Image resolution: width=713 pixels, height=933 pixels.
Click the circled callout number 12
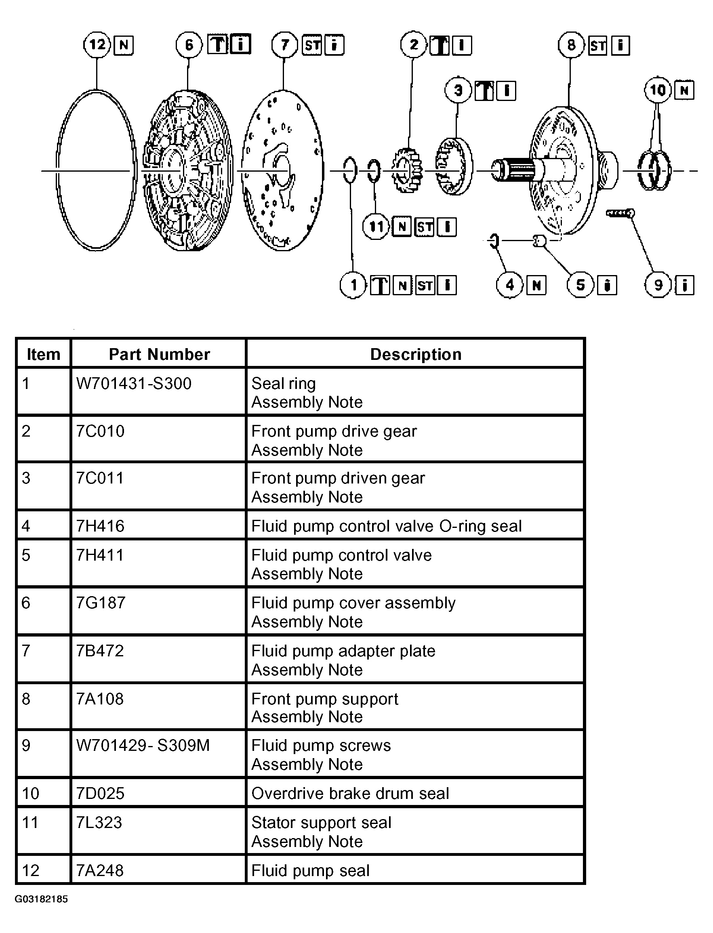point(97,44)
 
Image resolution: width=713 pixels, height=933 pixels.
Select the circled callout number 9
point(658,285)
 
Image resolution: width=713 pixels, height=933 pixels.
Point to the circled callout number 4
point(509,285)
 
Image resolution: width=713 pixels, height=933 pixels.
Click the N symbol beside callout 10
point(684,90)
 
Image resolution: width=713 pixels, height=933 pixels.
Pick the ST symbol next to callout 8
point(597,45)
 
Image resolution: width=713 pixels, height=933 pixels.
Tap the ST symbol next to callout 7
point(312,45)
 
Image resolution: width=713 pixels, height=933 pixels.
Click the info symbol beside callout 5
point(607,285)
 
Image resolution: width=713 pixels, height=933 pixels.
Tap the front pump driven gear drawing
point(453,166)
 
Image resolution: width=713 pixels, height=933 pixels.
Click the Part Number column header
point(159,354)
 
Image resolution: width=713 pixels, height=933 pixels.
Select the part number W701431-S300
point(134,384)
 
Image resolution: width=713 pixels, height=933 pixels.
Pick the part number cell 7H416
point(100,526)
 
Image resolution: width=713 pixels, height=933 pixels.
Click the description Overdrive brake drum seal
point(350,793)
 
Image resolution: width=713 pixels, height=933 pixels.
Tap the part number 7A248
point(100,871)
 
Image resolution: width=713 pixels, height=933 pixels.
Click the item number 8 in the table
point(26,699)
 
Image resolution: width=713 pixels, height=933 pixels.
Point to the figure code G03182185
point(41,899)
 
